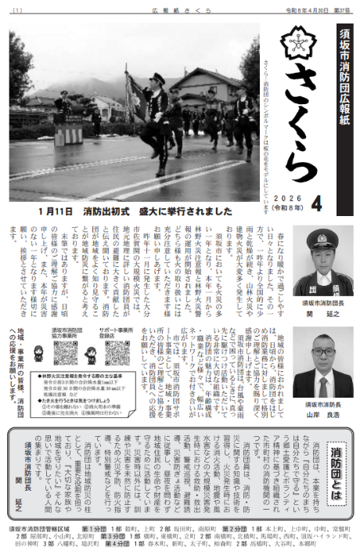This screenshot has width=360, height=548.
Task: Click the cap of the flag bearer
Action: (157, 78)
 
